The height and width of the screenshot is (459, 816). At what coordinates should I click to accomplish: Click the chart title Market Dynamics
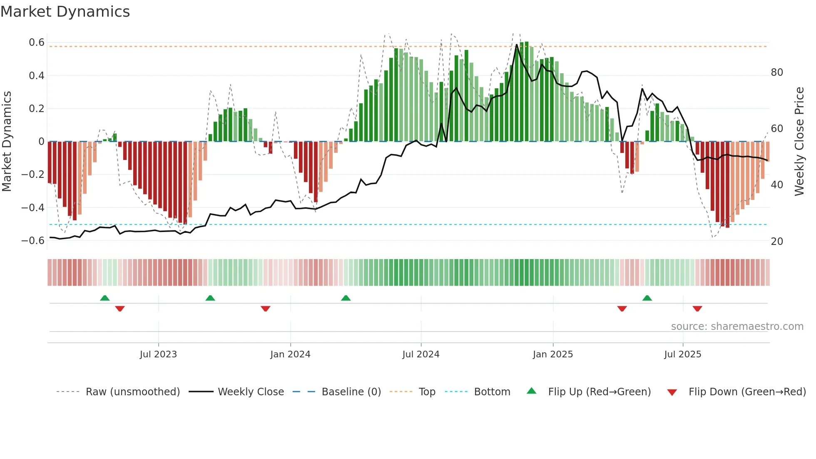(65, 12)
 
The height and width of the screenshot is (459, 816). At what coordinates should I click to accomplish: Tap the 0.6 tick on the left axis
(37, 42)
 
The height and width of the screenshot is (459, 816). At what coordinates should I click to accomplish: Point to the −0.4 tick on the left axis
(33, 207)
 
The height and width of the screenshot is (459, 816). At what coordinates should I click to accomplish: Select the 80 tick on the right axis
(777, 72)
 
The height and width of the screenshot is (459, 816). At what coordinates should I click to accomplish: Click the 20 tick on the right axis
(777, 242)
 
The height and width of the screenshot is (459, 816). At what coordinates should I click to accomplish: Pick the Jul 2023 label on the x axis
(158, 354)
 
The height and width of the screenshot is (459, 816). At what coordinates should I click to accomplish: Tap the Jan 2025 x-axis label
(553, 354)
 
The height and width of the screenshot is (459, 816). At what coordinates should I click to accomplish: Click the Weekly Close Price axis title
(799, 142)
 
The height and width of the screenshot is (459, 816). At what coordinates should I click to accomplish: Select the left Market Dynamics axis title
(7, 142)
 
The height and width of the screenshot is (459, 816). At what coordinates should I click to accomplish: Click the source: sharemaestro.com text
(737, 327)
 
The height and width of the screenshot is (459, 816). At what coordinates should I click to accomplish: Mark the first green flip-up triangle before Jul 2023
(105, 298)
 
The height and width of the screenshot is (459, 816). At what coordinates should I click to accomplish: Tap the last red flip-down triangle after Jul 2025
(697, 309)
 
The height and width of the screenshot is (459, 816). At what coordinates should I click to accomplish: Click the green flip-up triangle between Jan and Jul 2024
(346, 298)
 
